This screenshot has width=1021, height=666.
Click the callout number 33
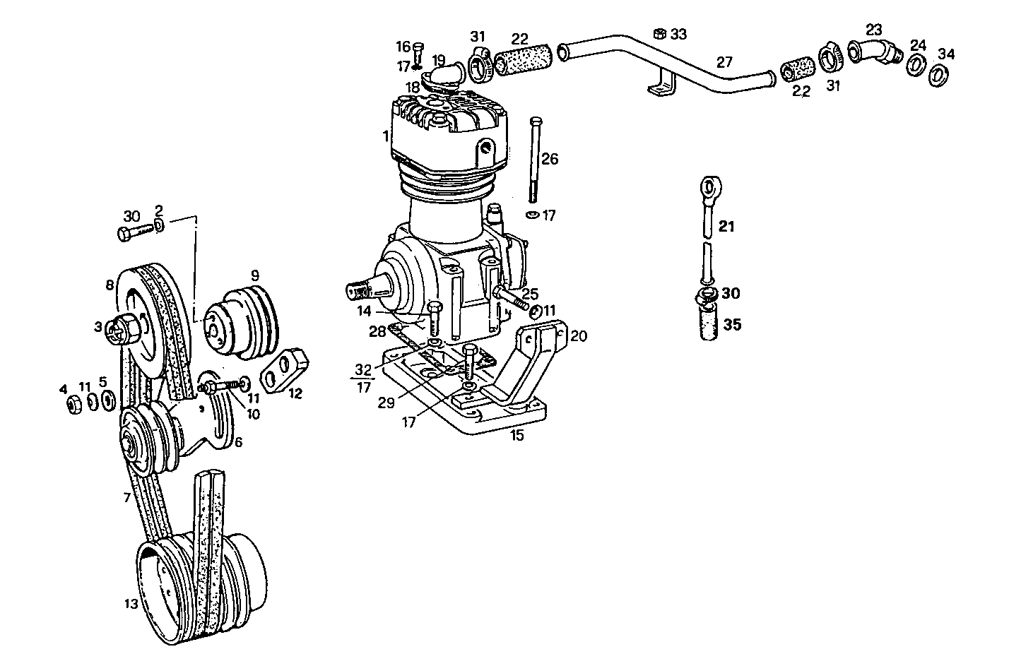coord(678,34)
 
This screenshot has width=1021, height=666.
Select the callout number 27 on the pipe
coord(725,61)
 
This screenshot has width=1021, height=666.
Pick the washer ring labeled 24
coord(916,64)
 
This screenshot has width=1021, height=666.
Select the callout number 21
coord(727,226)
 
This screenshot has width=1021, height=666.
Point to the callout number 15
coord(517,435)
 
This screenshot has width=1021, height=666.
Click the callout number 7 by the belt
coord(126,498)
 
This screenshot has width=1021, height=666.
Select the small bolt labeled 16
coord(418,52)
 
